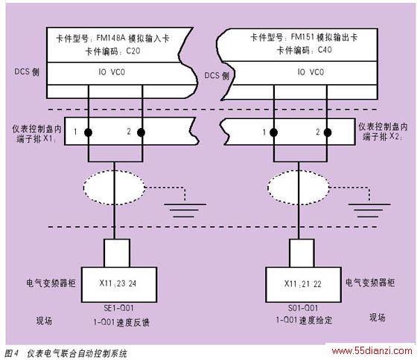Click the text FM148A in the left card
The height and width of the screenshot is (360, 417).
click(x=110, y=38)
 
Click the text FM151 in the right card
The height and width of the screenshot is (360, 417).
click(x=302, y=36)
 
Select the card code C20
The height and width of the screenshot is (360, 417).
click(x=133, y=51)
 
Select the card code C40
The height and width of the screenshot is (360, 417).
click(x=325, y=50)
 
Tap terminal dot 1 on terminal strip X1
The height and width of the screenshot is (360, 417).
click(x=89, y=132)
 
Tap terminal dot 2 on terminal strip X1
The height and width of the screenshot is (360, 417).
click(x=141, y=132)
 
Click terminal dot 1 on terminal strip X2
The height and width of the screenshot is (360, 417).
click(x=274, y=132)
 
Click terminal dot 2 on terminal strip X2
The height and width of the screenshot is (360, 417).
click(x=328, y=132)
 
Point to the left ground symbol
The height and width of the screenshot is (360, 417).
click(x=185, y=210)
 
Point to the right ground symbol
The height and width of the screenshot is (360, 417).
click(x=369, y=210)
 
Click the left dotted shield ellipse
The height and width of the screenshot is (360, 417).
click(x=83, y=187)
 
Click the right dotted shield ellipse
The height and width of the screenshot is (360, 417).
click(x=268, y=187)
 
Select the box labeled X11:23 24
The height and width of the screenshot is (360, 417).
click(x=119, y=285)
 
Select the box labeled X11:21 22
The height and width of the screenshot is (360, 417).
click(x=304, y=285)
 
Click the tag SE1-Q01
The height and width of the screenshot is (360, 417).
click(x=118, y=308)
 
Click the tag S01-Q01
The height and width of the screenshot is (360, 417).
click(x=303, y=308)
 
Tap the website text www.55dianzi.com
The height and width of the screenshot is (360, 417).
click(x=372, y=351)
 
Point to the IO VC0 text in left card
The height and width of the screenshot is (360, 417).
click(x=112, y=72)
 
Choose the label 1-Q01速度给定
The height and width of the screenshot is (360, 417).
click(x=304, y=320)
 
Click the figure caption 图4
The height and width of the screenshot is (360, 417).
click(x=11, y=353)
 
